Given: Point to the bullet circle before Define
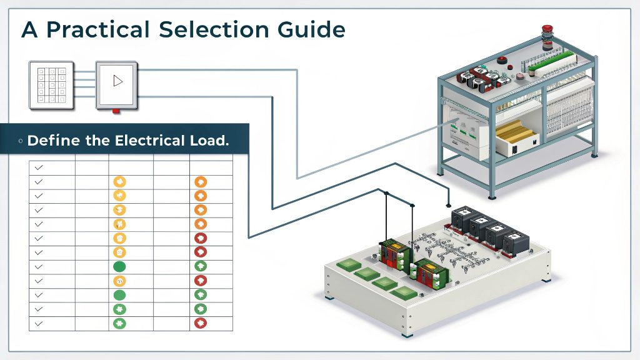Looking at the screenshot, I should coord(21,141).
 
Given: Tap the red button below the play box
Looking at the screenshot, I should coord(116,111).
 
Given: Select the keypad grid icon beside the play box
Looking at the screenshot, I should coord(51,83).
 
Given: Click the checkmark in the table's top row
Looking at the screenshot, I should coord(39,168).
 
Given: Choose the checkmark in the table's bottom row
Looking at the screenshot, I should coord(39,324).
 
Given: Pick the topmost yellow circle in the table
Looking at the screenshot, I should coord(120,182).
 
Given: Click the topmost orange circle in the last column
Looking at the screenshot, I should coord(201,182).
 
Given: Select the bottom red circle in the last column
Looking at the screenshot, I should coord(201,323).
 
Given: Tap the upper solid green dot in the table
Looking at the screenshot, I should coord(120,266).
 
